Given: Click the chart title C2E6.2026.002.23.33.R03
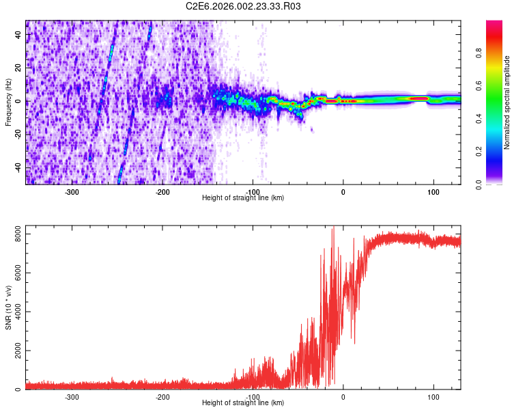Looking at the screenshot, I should point(243,6).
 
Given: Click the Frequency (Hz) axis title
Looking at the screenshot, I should point(9,102).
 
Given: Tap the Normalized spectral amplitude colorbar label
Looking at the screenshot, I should point(507,102).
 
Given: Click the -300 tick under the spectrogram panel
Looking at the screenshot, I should point(72,192).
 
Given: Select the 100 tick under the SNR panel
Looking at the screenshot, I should point(433,397).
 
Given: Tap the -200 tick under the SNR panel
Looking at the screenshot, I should point(162,397).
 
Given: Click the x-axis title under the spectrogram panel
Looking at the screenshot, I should point(243,198).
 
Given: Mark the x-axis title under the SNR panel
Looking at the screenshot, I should point(243,403).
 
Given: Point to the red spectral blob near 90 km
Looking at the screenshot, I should point(418,99).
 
